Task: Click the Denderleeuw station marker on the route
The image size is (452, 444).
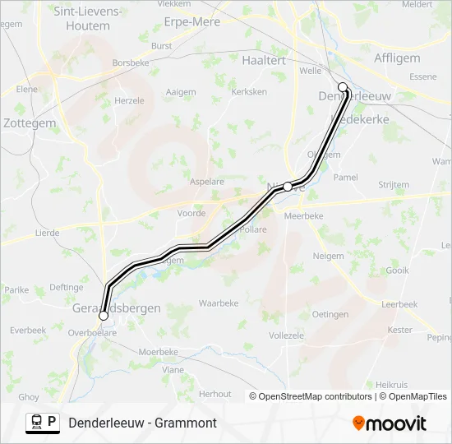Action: click(x=343, y=86)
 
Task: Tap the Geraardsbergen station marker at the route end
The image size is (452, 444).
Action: click(x=104, y=315)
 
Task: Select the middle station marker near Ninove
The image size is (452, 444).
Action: click(x=288, y=187)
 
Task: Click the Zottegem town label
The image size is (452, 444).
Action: click(x=30, y=123)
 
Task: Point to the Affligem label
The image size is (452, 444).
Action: click(x=397, y=58)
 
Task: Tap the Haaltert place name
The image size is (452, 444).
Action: click(x=264, y=60)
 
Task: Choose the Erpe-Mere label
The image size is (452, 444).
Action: click(x=192, y=22)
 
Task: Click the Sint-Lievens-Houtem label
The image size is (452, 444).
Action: click(x=87, y=19)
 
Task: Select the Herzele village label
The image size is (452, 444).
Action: click(x=129, y=100)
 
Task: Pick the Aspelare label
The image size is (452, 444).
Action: click(x=207, y=181)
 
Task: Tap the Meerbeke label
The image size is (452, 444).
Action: click(x=303, y=215)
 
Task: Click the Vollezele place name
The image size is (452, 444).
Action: click(x=286, y=335)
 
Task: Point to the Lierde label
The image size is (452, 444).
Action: click(x=47, y=233)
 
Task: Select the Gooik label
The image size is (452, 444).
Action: click(x=397, y=270)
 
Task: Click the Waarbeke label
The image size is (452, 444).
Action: click(x=219, y=303)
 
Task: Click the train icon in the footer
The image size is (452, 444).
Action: click(x=36, y=423)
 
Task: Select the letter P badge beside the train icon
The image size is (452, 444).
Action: click(x=53, y=422)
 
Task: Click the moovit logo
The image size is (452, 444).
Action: click(x=390, y=423)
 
